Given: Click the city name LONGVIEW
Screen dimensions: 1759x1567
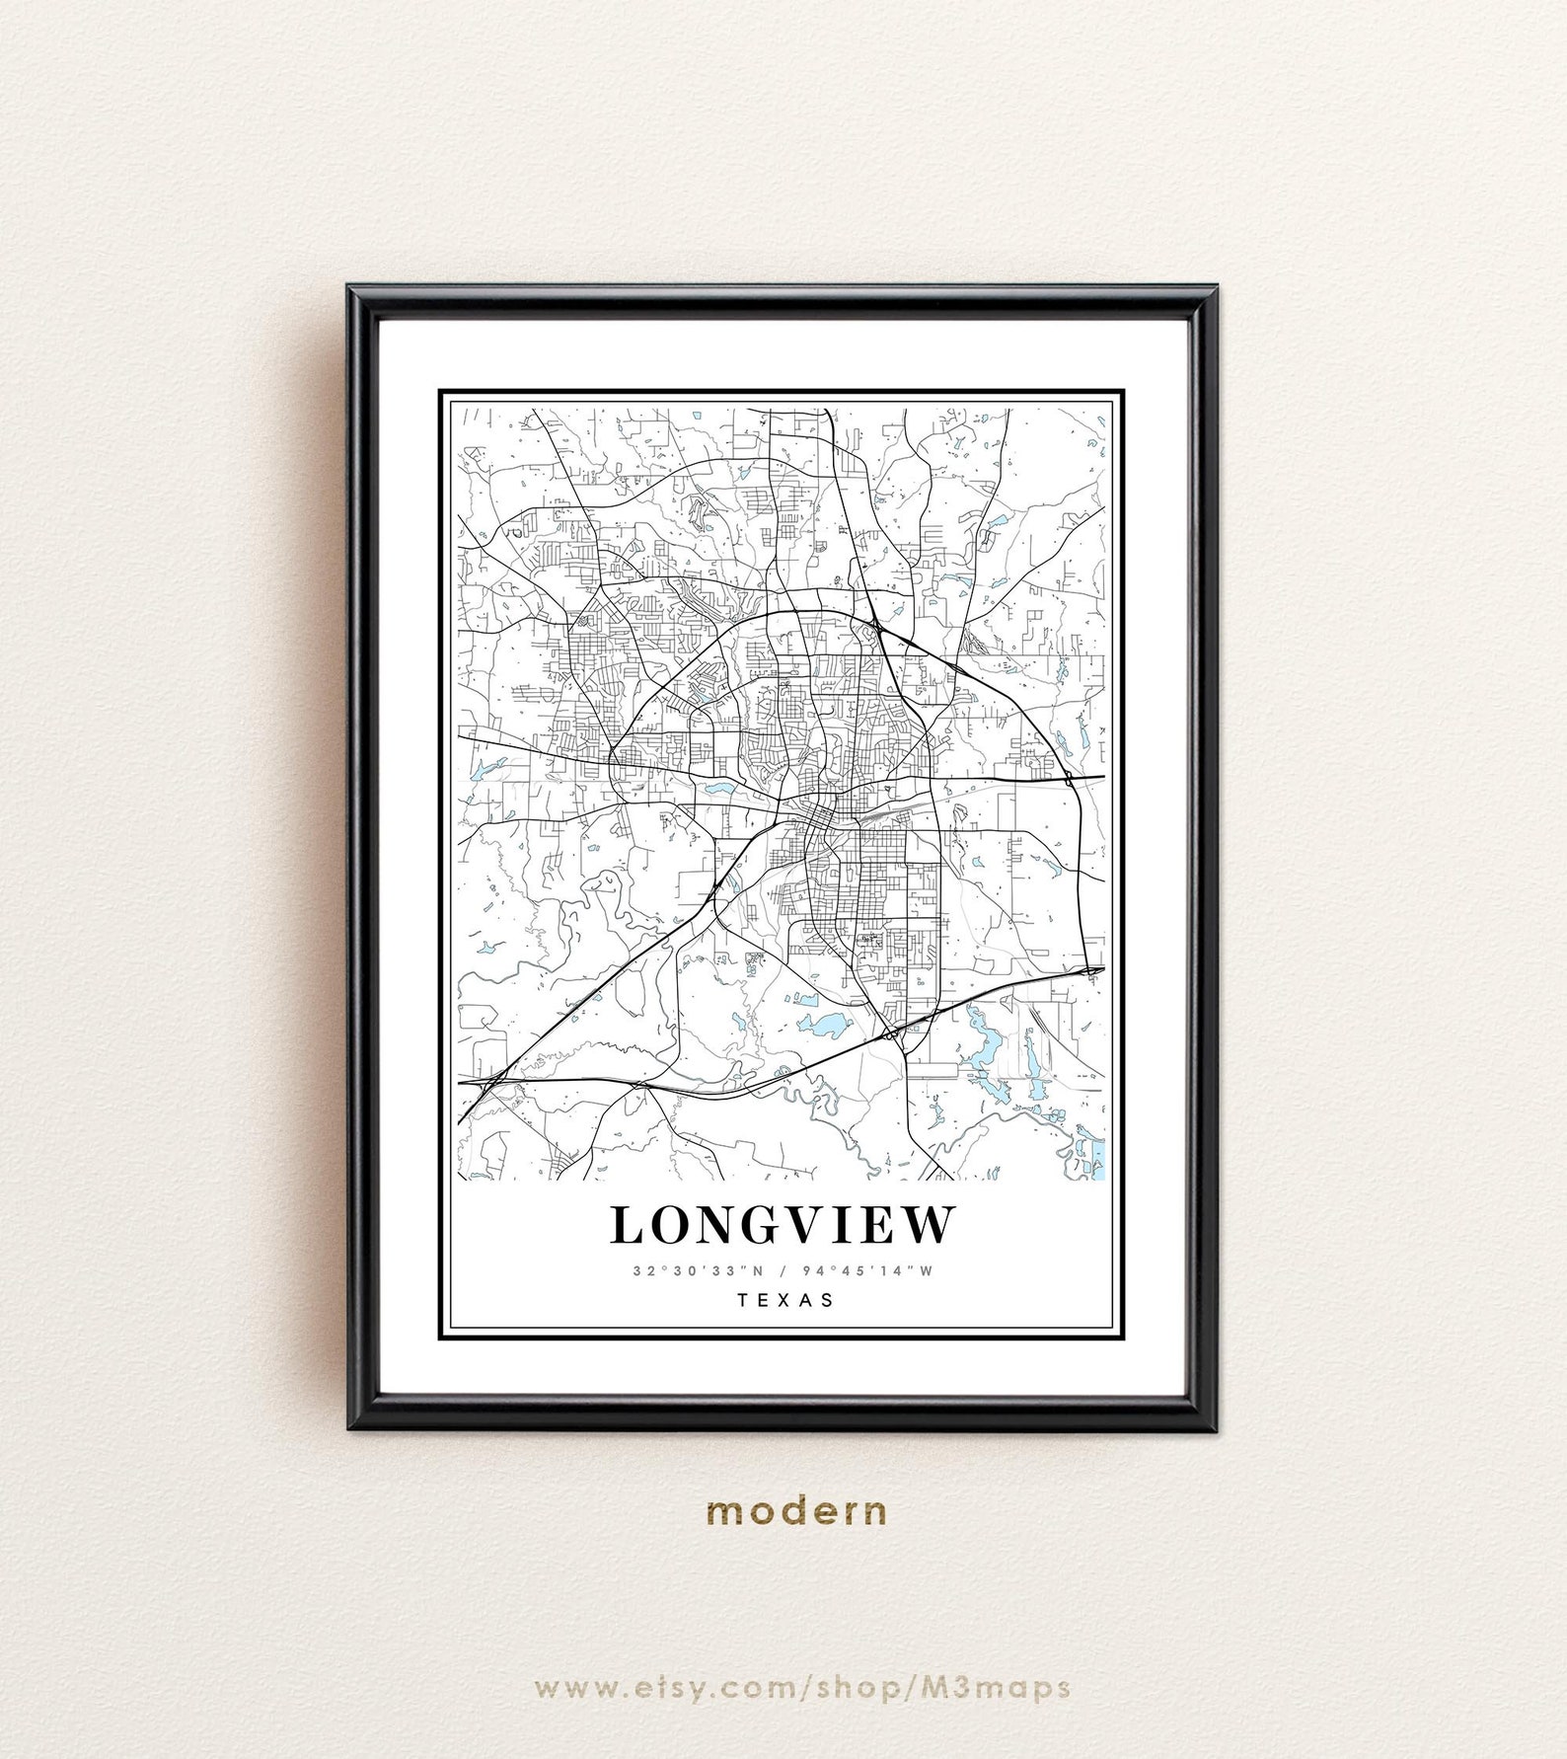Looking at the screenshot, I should click(783, 1225).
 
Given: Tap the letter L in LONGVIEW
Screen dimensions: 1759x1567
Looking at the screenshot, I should click(626, 1226).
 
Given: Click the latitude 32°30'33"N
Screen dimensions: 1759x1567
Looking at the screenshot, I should click(699, 1270).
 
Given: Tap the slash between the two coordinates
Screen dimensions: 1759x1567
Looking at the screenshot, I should click(783, 1270).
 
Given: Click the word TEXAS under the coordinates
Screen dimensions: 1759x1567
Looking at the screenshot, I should click(785, 1300).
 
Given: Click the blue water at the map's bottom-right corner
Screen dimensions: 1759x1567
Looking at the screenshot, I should click(1097, 1159).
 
